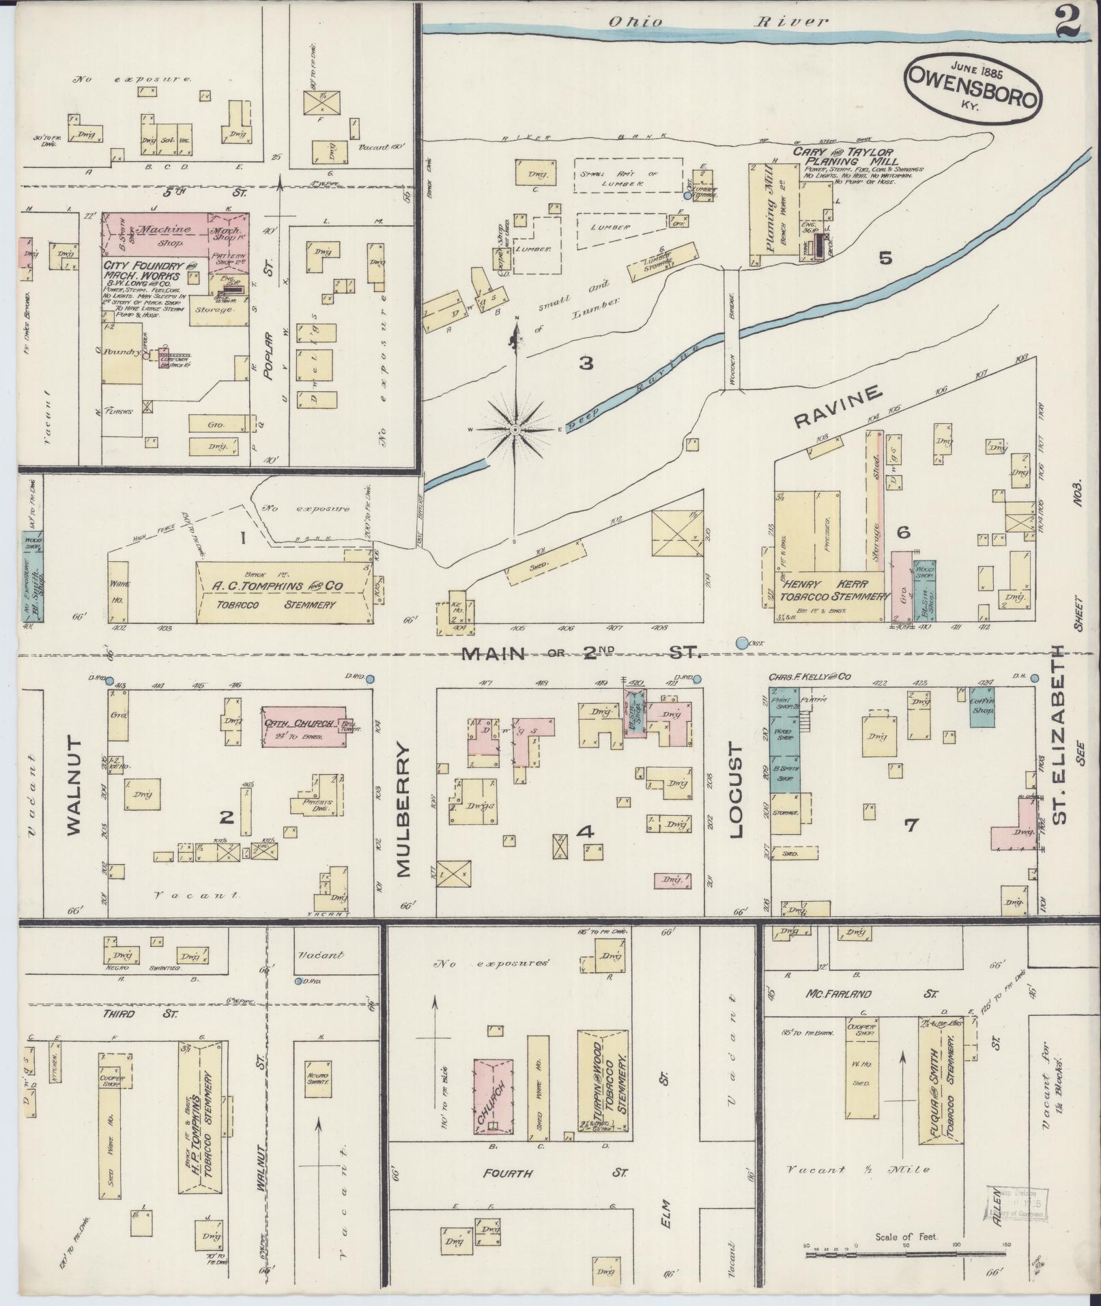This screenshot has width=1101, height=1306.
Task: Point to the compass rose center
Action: pos(515,429)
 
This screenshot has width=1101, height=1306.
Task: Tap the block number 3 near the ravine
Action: pos(586,363)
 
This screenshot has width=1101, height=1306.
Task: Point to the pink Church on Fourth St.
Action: pos(494,1097)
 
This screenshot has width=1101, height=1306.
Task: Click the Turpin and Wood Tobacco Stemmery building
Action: pos(603,1083)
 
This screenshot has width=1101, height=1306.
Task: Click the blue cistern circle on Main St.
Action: pos(742,642)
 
